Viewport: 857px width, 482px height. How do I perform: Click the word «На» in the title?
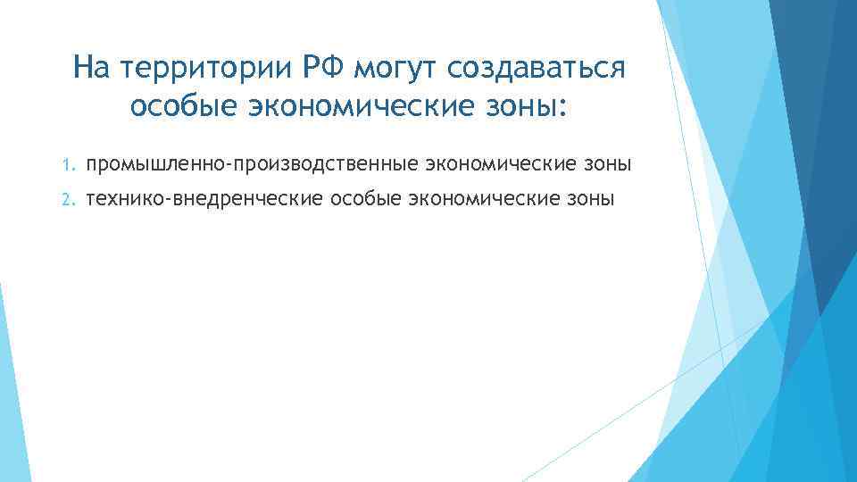(x=91, y=67)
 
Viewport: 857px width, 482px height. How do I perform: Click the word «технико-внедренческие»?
(x=205, y=199)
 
